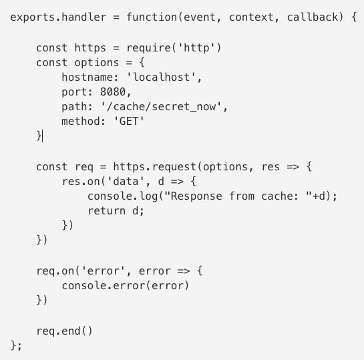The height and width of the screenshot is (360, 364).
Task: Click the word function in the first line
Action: click(152, 17)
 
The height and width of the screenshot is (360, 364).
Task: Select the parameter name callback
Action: click(313, 17)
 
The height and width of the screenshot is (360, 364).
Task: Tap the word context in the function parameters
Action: click(251, 17)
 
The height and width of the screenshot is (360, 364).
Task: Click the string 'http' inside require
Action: click(196, 48)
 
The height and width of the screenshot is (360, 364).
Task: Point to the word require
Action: click(149, 48)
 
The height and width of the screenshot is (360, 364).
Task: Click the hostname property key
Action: click(87, 77)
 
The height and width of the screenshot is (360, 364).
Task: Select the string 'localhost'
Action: click(162, 77)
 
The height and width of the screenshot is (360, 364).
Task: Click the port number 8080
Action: click(113, 92)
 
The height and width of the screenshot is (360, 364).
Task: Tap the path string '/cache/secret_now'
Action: click(161, 107)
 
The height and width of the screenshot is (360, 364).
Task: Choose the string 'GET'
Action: click(129, 121)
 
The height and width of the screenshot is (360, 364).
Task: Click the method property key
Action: click(81, 121)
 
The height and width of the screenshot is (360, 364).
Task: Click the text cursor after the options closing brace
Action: click(43, 136)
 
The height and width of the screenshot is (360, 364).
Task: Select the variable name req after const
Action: click(84, 168)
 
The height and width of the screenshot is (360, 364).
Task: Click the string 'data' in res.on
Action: click(126, 181)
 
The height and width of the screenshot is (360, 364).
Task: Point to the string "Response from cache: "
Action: click(238, 196)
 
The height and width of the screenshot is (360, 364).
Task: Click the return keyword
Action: click(107, 211)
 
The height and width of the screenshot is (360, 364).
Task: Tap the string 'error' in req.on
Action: click(104, 271)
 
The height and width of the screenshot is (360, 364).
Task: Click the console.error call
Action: click(126, 286)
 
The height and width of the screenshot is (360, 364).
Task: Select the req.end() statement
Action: click(65, 331)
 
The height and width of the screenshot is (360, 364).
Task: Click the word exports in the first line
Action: click(33, 17)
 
